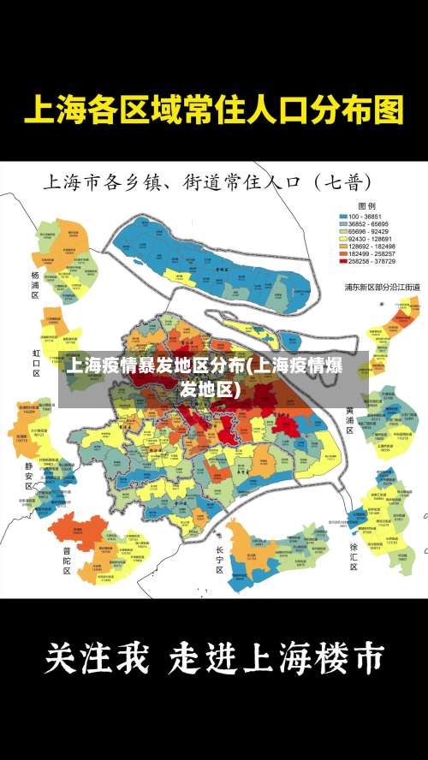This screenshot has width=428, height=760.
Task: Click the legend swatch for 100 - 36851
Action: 344,217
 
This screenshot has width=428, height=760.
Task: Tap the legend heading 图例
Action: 366,206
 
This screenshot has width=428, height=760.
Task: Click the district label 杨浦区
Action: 35,285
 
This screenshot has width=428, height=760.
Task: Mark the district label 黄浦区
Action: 349,420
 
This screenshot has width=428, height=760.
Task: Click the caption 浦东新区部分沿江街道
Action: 382,287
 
